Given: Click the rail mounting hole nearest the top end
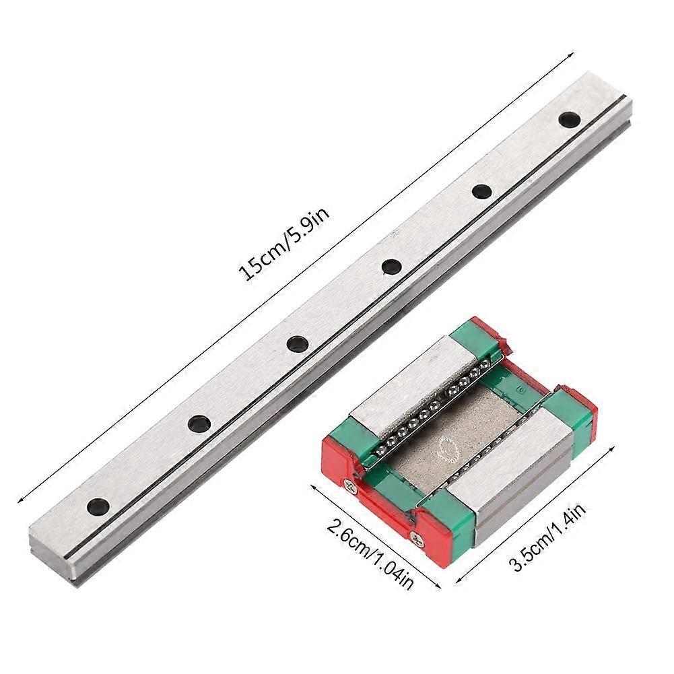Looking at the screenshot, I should pyautogui.click(x=570, y=120).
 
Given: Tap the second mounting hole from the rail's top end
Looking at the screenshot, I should pyautogui.click(x=481, y=191).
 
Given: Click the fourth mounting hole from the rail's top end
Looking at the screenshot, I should pyautogui.click(x=295, y=344).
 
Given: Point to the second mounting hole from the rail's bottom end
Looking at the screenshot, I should pyautogui.click(x=198, y=424).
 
